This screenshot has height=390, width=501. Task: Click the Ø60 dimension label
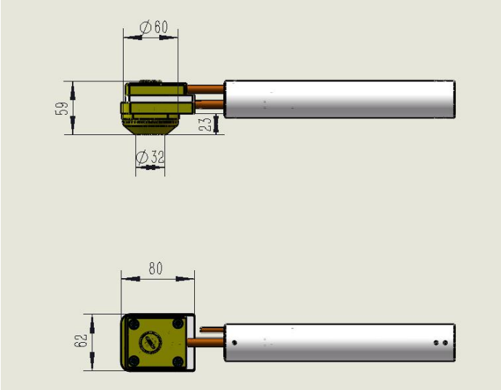154,27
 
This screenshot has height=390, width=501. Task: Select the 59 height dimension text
62,108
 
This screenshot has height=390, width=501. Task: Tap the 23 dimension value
205,124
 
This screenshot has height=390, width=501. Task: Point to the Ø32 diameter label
151,157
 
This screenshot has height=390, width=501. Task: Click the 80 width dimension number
156,269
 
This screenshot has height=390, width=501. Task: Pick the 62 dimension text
81,341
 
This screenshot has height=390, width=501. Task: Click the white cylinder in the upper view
340,99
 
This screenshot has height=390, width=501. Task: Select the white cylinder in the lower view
340,343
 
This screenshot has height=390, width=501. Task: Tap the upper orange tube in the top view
206,89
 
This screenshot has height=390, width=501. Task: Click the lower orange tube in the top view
209,105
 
